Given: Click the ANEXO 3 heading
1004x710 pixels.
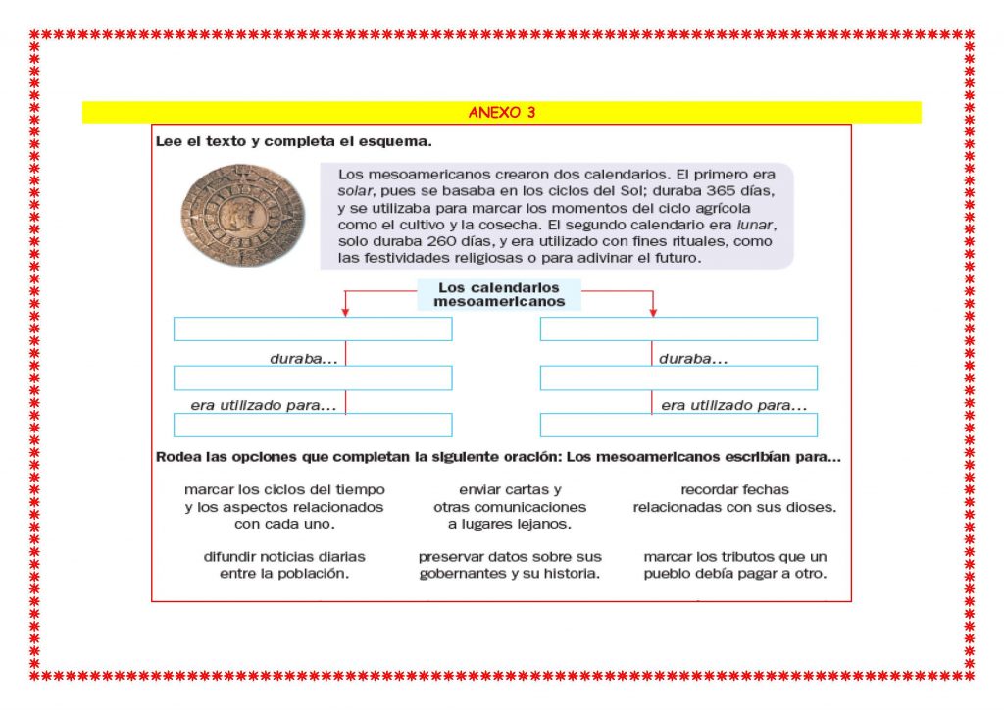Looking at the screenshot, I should [x=501, y=112].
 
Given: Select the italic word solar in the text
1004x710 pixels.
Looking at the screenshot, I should [x=355, y=190].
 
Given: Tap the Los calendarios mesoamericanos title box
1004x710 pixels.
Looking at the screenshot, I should [x=499, y=294].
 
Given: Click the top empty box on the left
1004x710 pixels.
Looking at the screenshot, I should [x=313, y=330].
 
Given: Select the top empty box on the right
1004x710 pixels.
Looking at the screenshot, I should [x=678, y=330].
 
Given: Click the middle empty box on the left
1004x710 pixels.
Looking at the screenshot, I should [x=313, y=378].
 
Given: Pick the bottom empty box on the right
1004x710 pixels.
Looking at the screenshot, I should [x=678, y=425].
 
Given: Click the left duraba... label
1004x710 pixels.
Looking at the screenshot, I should [x=303, y=359].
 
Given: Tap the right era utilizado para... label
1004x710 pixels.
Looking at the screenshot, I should [x=734, y=405].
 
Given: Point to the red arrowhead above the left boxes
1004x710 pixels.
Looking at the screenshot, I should [x=344, y=312].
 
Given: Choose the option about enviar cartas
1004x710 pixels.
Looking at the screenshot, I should [x=510, y=507].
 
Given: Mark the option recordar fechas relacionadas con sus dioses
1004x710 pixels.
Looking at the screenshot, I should [x=734, y=498].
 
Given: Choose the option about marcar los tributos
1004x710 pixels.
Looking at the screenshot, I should [x=735, y=565].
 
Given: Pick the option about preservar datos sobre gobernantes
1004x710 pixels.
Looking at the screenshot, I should [x=510, y=565].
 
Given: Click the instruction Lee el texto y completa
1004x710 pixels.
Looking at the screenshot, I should [x=293, y=141].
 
